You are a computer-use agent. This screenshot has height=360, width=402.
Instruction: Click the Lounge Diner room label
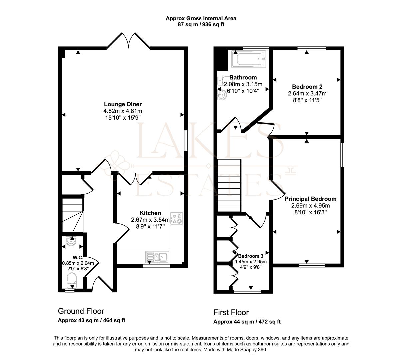click(123, 104)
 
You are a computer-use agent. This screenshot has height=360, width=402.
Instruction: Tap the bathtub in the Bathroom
click(248, 59)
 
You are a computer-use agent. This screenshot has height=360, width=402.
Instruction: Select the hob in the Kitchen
click(176, 219)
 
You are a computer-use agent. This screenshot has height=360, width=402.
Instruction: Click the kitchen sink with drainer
click(157, 257)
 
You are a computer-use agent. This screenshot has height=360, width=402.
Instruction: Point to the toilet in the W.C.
click(72, 281)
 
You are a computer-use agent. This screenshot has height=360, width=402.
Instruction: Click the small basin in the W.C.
click(71, 241)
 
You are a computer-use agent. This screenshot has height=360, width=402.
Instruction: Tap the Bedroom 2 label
click(307, 87)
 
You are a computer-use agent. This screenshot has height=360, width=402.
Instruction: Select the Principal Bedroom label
click(310, 199)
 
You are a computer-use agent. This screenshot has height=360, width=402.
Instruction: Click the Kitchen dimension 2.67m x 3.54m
click(150, 220)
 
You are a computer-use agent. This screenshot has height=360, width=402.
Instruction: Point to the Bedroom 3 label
click(251, 256)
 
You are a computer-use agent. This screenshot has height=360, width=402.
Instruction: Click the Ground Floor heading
click(81, 311)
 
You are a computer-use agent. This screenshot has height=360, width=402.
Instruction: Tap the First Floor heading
click(231, 312)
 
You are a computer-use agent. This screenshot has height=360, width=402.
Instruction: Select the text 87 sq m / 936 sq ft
click(201, 25)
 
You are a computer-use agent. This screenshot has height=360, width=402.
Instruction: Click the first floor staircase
click(229, 186)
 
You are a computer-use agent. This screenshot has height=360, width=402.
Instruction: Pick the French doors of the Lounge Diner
click(128, 40)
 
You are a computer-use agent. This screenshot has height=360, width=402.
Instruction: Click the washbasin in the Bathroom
click(222, 95)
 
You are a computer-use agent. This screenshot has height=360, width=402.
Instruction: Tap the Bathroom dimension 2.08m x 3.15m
click(243, 84)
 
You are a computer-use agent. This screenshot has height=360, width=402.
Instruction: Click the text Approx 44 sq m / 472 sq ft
click(247, 322)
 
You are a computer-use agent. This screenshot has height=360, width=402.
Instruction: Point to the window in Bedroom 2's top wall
click(312, 48)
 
